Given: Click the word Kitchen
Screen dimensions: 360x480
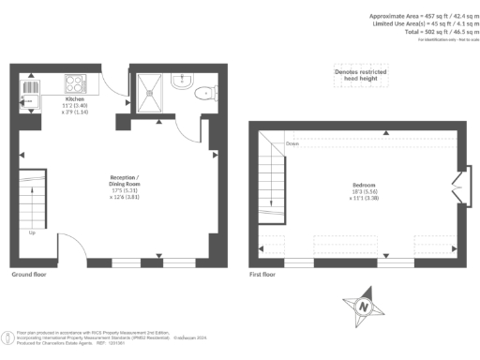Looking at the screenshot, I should pos(75,98).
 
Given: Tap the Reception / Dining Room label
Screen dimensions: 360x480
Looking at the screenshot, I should pos(124,180).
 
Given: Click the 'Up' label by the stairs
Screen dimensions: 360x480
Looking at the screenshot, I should pos(34,232).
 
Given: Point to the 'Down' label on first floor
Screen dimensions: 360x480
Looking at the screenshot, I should pos(292,143).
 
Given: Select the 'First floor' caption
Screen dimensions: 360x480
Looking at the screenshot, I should pos(263,275).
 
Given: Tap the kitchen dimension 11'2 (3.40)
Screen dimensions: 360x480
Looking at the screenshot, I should pos(75,105).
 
